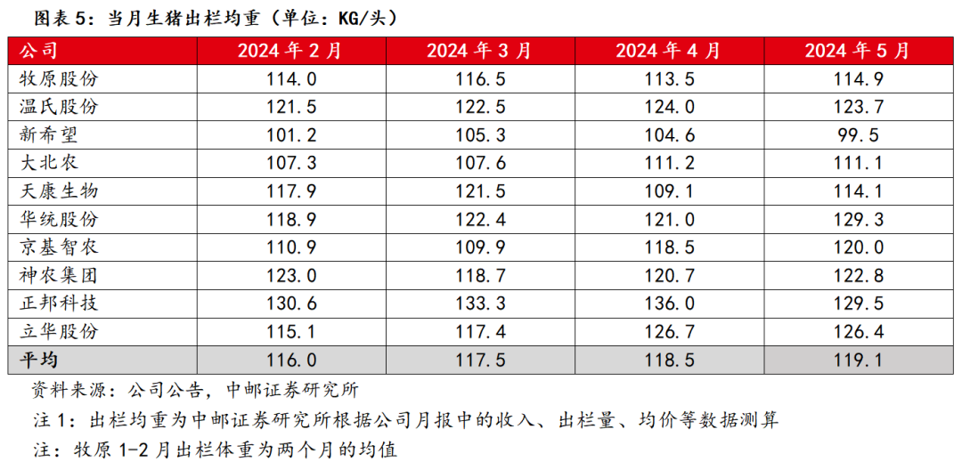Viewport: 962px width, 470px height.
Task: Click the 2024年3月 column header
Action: (479, 51)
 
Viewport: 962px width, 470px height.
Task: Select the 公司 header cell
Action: (37, 51)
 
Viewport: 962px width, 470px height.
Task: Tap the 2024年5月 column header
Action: (858, 51)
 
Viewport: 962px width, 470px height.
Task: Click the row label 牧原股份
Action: (59, 79)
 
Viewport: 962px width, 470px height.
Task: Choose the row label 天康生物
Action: (59, 191)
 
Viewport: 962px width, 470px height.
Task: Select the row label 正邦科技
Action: (59, 304)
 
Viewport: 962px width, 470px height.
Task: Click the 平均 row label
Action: (37, 360)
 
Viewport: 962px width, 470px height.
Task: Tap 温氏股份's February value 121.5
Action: (291, 107)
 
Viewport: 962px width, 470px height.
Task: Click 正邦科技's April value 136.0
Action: (669, 304)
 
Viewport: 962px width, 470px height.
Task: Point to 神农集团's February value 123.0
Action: (291, 275)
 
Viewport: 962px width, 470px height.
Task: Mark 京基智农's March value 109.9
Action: (479, 247)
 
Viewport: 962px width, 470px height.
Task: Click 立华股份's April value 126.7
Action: (669, 331)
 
